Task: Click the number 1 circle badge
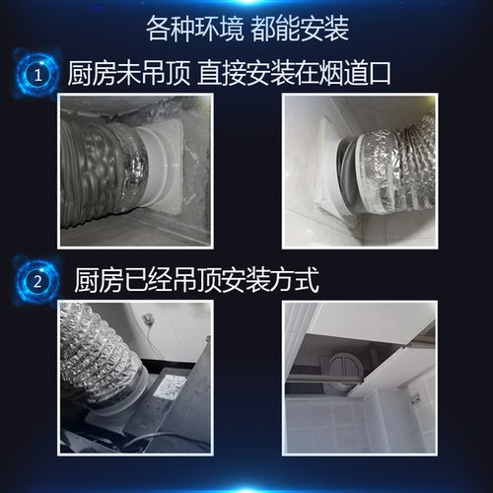pyautogui.click(x=37, y=74)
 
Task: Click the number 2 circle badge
pyautogui.click(x=37, y=280)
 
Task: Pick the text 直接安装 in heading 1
pyautogui.click(x=235, y=74)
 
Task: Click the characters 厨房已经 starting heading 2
pyautogui.click(x=118, y=280)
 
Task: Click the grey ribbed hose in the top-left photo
pyautogui.click(x=94, y=168)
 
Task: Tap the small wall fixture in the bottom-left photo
pyautogui.click(x=147, y=318)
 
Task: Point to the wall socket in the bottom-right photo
pyautogui.click(x=414, y=399)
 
